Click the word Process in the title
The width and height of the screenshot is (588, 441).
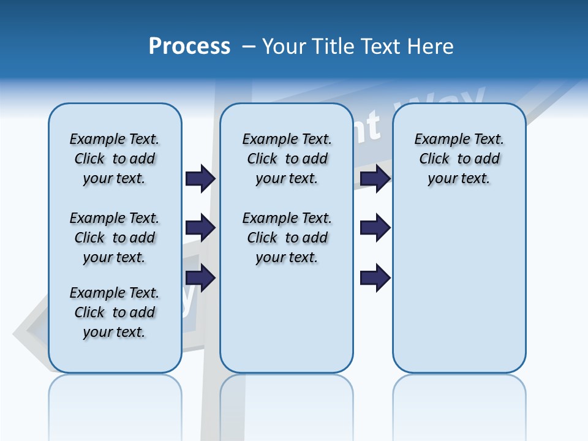coord(189,47)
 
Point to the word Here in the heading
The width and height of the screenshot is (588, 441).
coord(431,47)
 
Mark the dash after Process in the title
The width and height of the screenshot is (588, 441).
coord(249,47)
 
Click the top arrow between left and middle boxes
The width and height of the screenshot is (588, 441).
coord(200,178)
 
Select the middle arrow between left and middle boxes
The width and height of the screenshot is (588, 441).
coord(200,228)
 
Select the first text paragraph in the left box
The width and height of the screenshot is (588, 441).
coord(115,159)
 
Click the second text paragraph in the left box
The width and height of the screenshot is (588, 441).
coord(115,238)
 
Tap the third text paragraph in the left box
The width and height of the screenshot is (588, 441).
coord(115,312)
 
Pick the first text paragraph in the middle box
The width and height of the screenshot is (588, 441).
coord(287,159)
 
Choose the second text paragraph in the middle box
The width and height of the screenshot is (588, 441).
coord(287,238)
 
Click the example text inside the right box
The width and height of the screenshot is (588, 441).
coord(459,159)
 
